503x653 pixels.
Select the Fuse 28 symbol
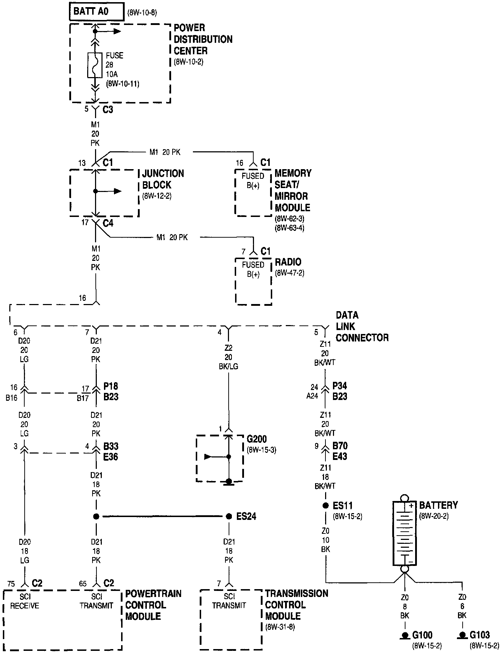point(95,65)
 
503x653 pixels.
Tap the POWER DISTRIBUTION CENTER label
point(203,39)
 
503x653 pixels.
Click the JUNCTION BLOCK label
point(163,179)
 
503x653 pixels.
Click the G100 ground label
point(422,635)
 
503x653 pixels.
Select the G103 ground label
point(480,635)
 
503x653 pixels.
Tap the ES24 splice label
point(246,516)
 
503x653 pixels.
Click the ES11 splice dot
point(325,505)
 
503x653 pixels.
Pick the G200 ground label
point(257,439)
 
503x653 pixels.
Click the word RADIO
point(288,262)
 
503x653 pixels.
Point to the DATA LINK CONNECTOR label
point(362,326)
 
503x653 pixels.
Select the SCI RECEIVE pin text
point(24,601)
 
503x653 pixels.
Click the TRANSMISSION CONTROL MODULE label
point(296,604)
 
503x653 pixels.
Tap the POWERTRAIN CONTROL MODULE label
point(153,605)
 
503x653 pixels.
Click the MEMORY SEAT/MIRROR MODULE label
point(293,190)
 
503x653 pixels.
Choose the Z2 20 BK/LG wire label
point(229,357)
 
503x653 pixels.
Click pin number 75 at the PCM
point(11,584)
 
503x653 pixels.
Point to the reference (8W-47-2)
point(289,273)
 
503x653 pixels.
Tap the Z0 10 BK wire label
point(325,540)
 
